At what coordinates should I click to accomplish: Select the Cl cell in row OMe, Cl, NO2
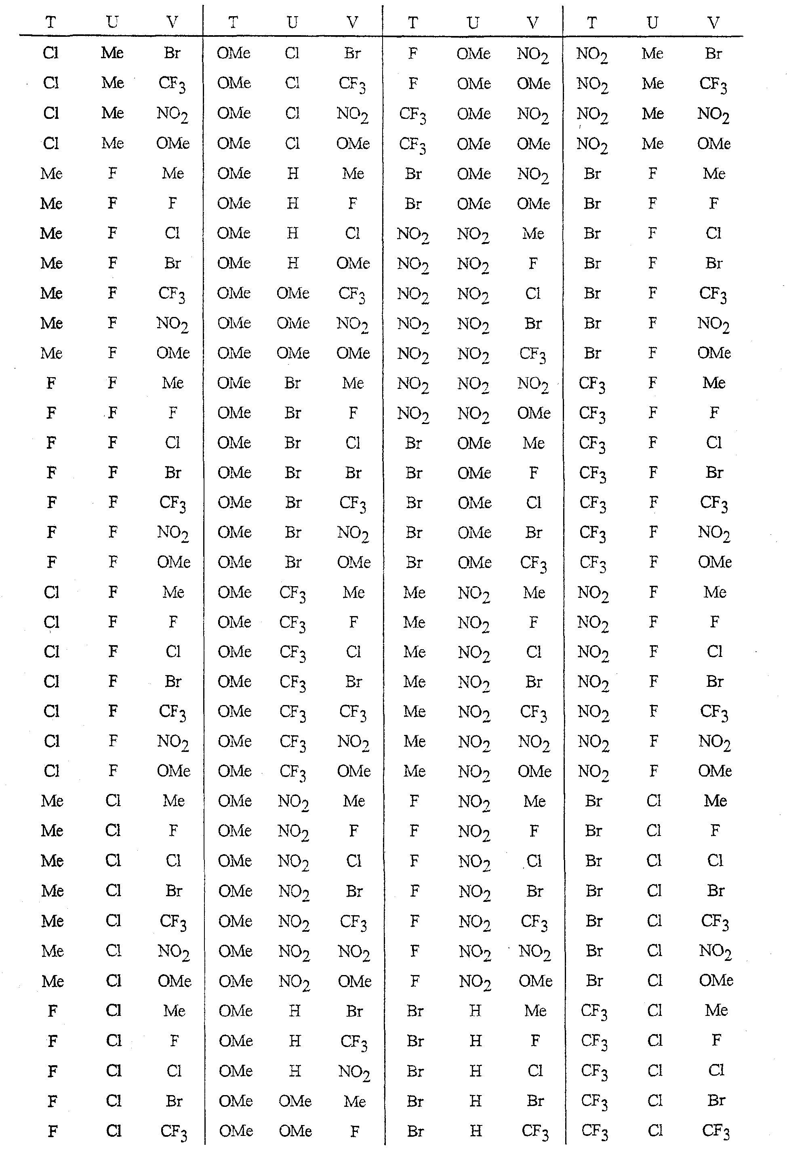pos(292,114)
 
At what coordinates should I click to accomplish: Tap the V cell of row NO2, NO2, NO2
pos(533,384)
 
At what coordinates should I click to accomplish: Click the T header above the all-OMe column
pos(233,23)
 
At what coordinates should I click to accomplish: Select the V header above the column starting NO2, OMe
pos(533,23)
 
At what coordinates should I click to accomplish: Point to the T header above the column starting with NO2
pos(592,23)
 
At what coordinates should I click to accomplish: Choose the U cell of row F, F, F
pos(113,413)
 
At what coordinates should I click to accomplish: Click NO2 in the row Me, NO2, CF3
pos(474,712)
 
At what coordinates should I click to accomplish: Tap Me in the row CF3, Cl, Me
pos(715,1010)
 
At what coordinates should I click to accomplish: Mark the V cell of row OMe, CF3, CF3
pos(353,712)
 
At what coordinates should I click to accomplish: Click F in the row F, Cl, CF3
pos(52,1131)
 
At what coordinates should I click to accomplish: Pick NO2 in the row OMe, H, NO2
pos(354,1070)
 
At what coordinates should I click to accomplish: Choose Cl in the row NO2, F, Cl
pos(714,652)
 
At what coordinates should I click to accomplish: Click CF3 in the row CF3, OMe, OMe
pos(412,144)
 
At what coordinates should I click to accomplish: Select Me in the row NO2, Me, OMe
pos(652,144)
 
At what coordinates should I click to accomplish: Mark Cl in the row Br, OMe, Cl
pos(533,502)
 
